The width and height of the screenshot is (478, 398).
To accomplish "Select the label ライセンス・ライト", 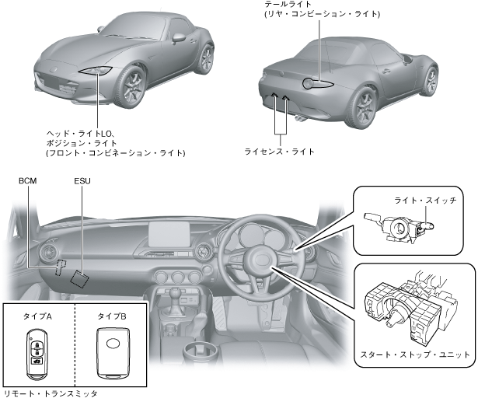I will [x=279, y=152].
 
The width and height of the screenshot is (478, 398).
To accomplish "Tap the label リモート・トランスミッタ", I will [x=51, y=393].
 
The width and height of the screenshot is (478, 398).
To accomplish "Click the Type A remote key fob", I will [x=37, y=353].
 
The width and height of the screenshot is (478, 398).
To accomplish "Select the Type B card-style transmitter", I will [x=113, y=353].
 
